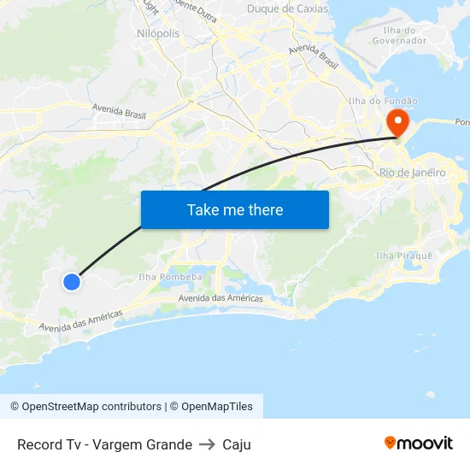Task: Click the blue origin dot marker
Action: click(x=72, y=281)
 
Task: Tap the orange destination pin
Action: click(x=397, y=120)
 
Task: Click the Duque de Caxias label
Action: click(x=287, y=9)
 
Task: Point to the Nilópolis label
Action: click(x=158, y=33)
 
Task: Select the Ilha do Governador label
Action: click(x=400, y=35)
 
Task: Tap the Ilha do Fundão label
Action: click(x=384, y=101)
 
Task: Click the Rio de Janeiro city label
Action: click(x=412, y=173)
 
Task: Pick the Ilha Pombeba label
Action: click(x=170, y=277)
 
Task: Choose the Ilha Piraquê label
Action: click(x=404, y=256)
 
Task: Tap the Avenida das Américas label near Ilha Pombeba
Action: click(x=221, y=298)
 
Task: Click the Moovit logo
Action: click(x=419, y=444)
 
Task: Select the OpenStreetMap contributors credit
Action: click(x=85, y=407)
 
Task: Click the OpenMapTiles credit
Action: click(x=211, y=407)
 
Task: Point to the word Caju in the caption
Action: click(x=237, y=444)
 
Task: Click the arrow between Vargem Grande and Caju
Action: click(x=208, y=444)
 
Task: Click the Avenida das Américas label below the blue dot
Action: click(x=80, y=320)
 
